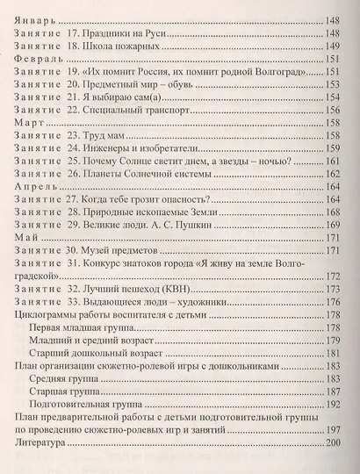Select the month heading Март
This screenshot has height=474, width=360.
[x=28, y=125]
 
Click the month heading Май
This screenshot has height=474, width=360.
[x=25, y=238]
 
